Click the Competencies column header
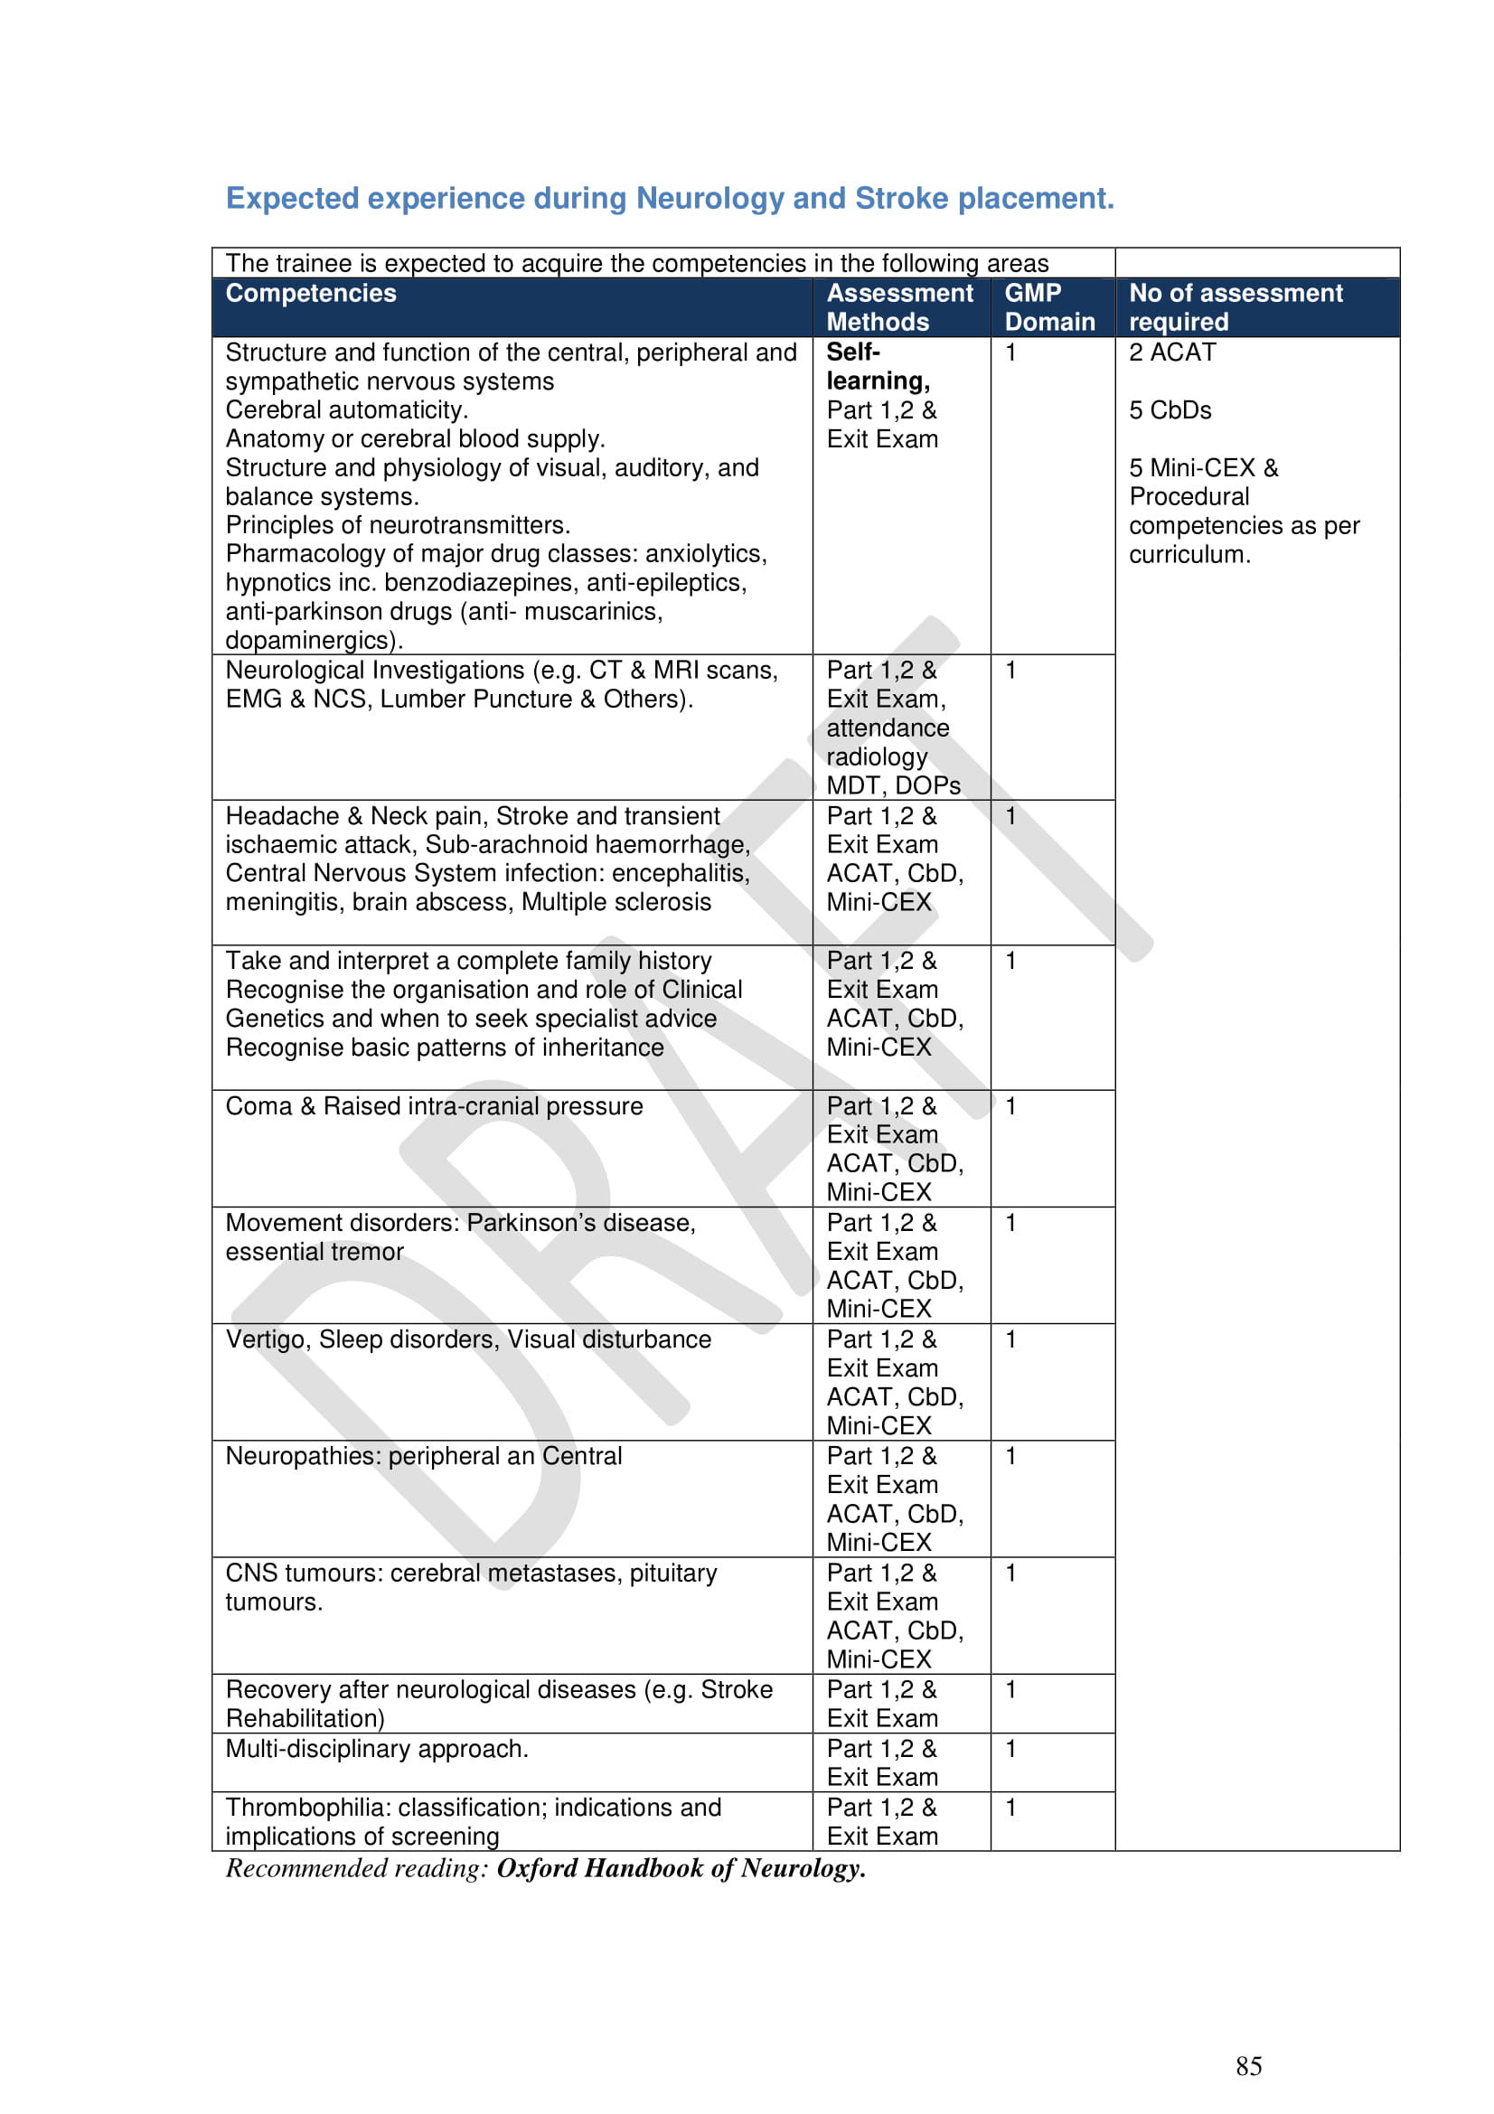[311, 294]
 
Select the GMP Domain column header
[1049, 307]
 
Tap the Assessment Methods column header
[898, 307]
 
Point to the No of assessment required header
[1236, 307]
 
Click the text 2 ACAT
[1172, 352]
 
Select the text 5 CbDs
[1170, 410]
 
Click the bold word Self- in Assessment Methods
[852, 352]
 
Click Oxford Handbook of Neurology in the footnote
[681, 1868]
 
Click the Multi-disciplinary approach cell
[378, 1749]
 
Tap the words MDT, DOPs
[893, 785]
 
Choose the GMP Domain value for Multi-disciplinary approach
[1010, 1749]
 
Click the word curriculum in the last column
[1189, 554]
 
